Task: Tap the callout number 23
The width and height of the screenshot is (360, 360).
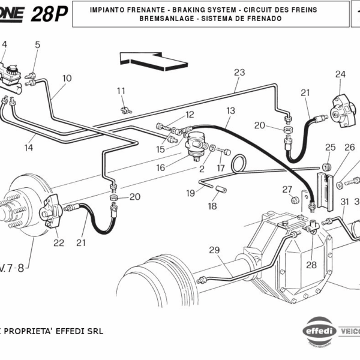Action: pyautogui.click(x=239, y=73)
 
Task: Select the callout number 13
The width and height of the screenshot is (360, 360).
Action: pyautogui.click(x=230, y=111)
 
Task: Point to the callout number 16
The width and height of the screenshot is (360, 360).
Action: pyautogui.click(x=160, y=168)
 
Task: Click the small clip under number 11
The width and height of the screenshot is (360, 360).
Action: pyautogui.click(x=125, y=109)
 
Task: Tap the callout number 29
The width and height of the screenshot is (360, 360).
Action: pyautogui.click(x=214, y=250)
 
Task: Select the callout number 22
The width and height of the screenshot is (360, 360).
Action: pyautogui.click(x=58, y=243)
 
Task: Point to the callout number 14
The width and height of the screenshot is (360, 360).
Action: pyautogui.click(x=28, y=146)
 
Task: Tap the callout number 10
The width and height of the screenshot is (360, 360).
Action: pyautogui.click(x=66, y=79)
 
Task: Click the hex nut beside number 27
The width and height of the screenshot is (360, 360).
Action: pyautogui.click(x=295, y=200)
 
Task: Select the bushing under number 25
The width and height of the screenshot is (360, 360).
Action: pyautogui.click(x=328, y=166)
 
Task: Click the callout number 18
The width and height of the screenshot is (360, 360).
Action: pyautogui.click(x=212, y=206)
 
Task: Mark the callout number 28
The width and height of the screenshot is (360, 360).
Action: pyautogui.click(x=311, y=265)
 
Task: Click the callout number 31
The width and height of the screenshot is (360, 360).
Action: pyautogui.click(x=344, y=202)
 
